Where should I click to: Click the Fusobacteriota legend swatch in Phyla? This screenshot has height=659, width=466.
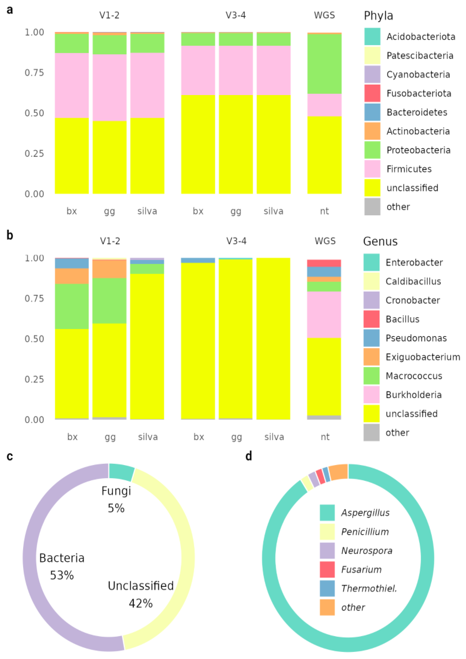[x=372, y=93]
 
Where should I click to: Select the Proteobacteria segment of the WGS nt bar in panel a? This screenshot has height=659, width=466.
[x=324, y=64]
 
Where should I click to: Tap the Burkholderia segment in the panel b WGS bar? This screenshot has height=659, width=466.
[x=324, y=315]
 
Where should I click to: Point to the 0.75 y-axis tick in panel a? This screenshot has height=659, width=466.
[x=34, y=73]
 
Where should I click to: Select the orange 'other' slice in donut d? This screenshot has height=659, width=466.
[x=338, y=472]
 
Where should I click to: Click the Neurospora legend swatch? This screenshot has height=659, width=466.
[x=327, y=550]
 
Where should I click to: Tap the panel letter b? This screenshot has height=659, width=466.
[x=10, y=235]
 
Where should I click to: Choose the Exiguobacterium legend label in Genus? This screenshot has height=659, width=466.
[x=423, y=357]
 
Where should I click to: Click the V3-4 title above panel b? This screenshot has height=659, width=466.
[x=236, y=241]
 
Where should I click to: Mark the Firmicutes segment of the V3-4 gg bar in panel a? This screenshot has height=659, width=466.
[x=236, y=70]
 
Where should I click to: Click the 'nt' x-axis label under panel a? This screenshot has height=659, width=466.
[x=324, y=211]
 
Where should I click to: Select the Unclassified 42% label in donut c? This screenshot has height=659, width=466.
[x=141, y=594]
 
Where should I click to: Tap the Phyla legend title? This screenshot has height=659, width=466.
[x=378, y=16]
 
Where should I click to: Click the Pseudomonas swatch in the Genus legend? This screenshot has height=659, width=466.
[x=371, y=338]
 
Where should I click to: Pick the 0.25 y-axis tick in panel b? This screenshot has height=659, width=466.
[x=34, y=379]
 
